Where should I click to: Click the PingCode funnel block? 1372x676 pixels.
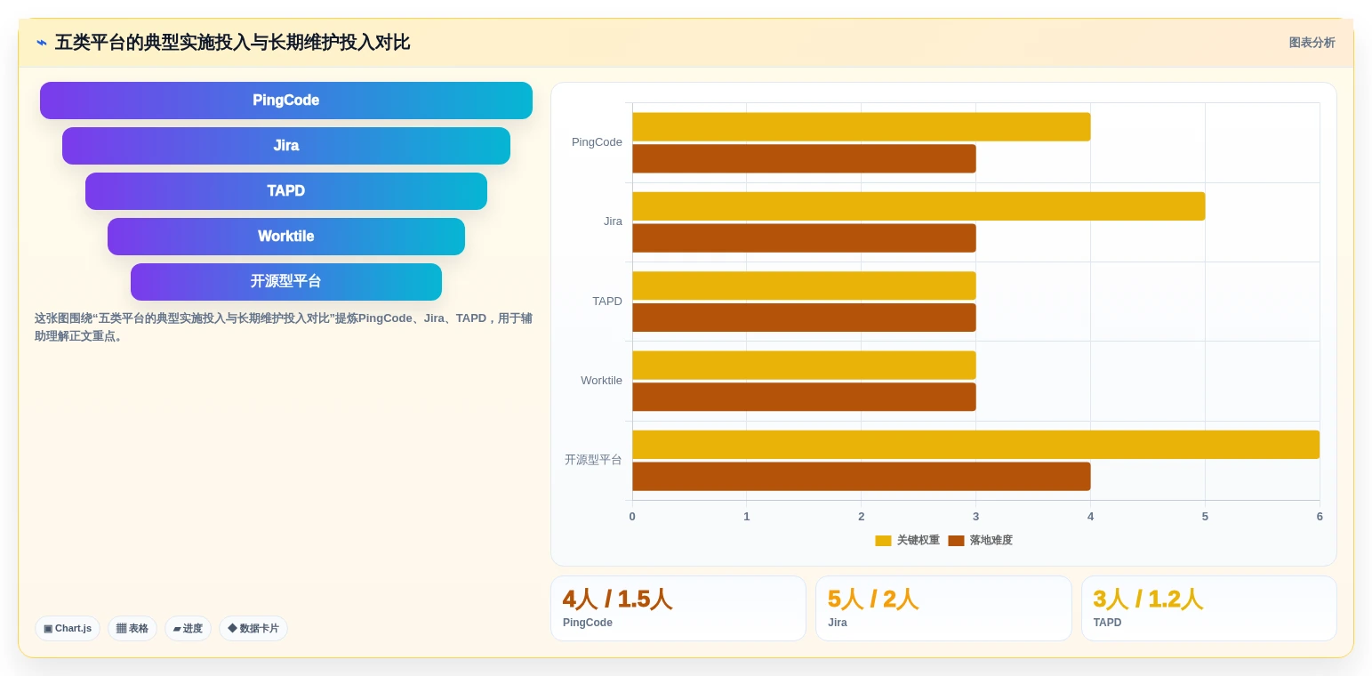pyautogui.click(x=286, y=101)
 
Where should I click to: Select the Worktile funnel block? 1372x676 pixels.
pyautogui.click(x=286, y=237)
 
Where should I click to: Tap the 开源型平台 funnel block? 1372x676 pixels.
pyautogui.click(x=286, y=282)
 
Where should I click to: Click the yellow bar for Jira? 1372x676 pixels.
pyautogui.click(x=919, y=206)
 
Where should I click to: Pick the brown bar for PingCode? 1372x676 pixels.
pyautogui.click(x=804, y=158)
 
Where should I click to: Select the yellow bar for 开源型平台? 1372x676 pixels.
pyautogui.click(x=975, y=445)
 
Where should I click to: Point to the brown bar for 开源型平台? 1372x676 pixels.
pyautogui.click(x=862, y=476)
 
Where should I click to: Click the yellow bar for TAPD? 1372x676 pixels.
pyautogui.click(x=804, y=286)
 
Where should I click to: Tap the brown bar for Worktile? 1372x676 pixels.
pyautogui.click(x=804, y=397)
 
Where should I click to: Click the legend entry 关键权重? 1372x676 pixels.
pyautogui.click(x=907, y=540)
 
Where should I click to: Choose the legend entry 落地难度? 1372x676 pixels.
pyautogui.click(x=980, y=540)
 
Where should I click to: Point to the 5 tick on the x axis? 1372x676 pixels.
pyautogui.click(x=1205, y=517)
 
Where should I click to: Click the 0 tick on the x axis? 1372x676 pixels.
pyautogui.click(x=632, y=517)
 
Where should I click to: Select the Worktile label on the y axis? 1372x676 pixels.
pyautogui.click(x=601, y=381)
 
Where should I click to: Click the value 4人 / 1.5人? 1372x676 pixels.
pyautogui.click(x=617, y=600)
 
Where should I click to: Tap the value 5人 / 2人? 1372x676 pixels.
pyautogui.click(x=873, y=600)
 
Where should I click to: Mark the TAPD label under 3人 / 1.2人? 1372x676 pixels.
pyautogui.click(x=1107, y=623)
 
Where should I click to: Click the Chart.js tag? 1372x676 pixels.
pyautogui.click(x=68, y=629)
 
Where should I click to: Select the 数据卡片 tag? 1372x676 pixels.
pyautogui.click(x=253, y=629)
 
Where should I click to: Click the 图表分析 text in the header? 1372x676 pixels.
pyautogui.click(x=1312, y=43)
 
